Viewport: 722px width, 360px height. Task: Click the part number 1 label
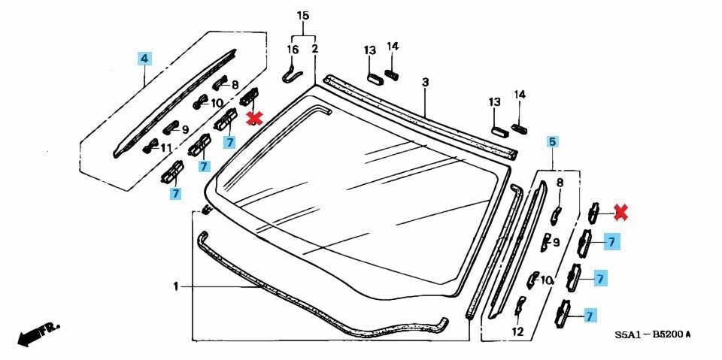pos(175,286)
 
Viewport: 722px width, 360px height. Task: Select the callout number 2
pos(314,49)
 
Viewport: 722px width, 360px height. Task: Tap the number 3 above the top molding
pos(425,81)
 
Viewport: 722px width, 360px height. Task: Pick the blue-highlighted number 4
pos(144,57)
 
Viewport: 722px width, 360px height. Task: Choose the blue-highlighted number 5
pos(552,141)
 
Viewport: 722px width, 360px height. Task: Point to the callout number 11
pos(166,147)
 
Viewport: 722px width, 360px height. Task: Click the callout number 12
pos(518,331)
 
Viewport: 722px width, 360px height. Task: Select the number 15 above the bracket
pos(303,16)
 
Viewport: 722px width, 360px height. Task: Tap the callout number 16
pos(293,49)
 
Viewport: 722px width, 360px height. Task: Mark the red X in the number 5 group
pos(620,213)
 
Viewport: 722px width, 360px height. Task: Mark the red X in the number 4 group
pos(255,117)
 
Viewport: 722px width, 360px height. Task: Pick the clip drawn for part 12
pos(519,307)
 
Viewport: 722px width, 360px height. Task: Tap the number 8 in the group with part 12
pos(560,183)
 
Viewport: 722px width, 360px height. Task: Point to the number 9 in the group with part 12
pos(557,242)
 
